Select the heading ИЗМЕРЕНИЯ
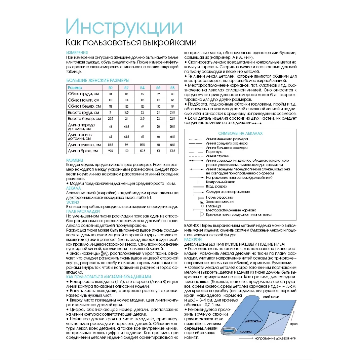[x=77, y=53]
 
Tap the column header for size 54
[x=142, y=88]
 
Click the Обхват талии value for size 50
[x=110, y=100]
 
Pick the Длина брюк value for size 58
[x=172, y=151]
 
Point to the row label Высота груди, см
[x=83, y=113]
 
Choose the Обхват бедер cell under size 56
[x=158, y=106]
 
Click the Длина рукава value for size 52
[x=126, y=145]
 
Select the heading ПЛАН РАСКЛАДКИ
[x=83, y=211]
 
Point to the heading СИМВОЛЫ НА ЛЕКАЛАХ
[x=240, y=133]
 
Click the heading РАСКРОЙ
[x=193, y=239]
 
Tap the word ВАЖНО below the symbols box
[x=192, y=226]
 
